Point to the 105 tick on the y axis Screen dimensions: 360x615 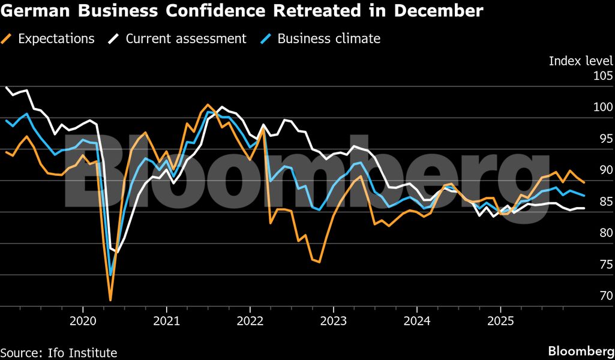point(603,77)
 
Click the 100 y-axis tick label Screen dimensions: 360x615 point(603,108)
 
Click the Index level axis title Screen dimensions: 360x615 point(581,61)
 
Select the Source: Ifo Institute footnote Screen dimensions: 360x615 point(59,353)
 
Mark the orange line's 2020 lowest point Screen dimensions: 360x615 point(110,299)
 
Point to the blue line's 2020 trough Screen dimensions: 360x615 point(110,275)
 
